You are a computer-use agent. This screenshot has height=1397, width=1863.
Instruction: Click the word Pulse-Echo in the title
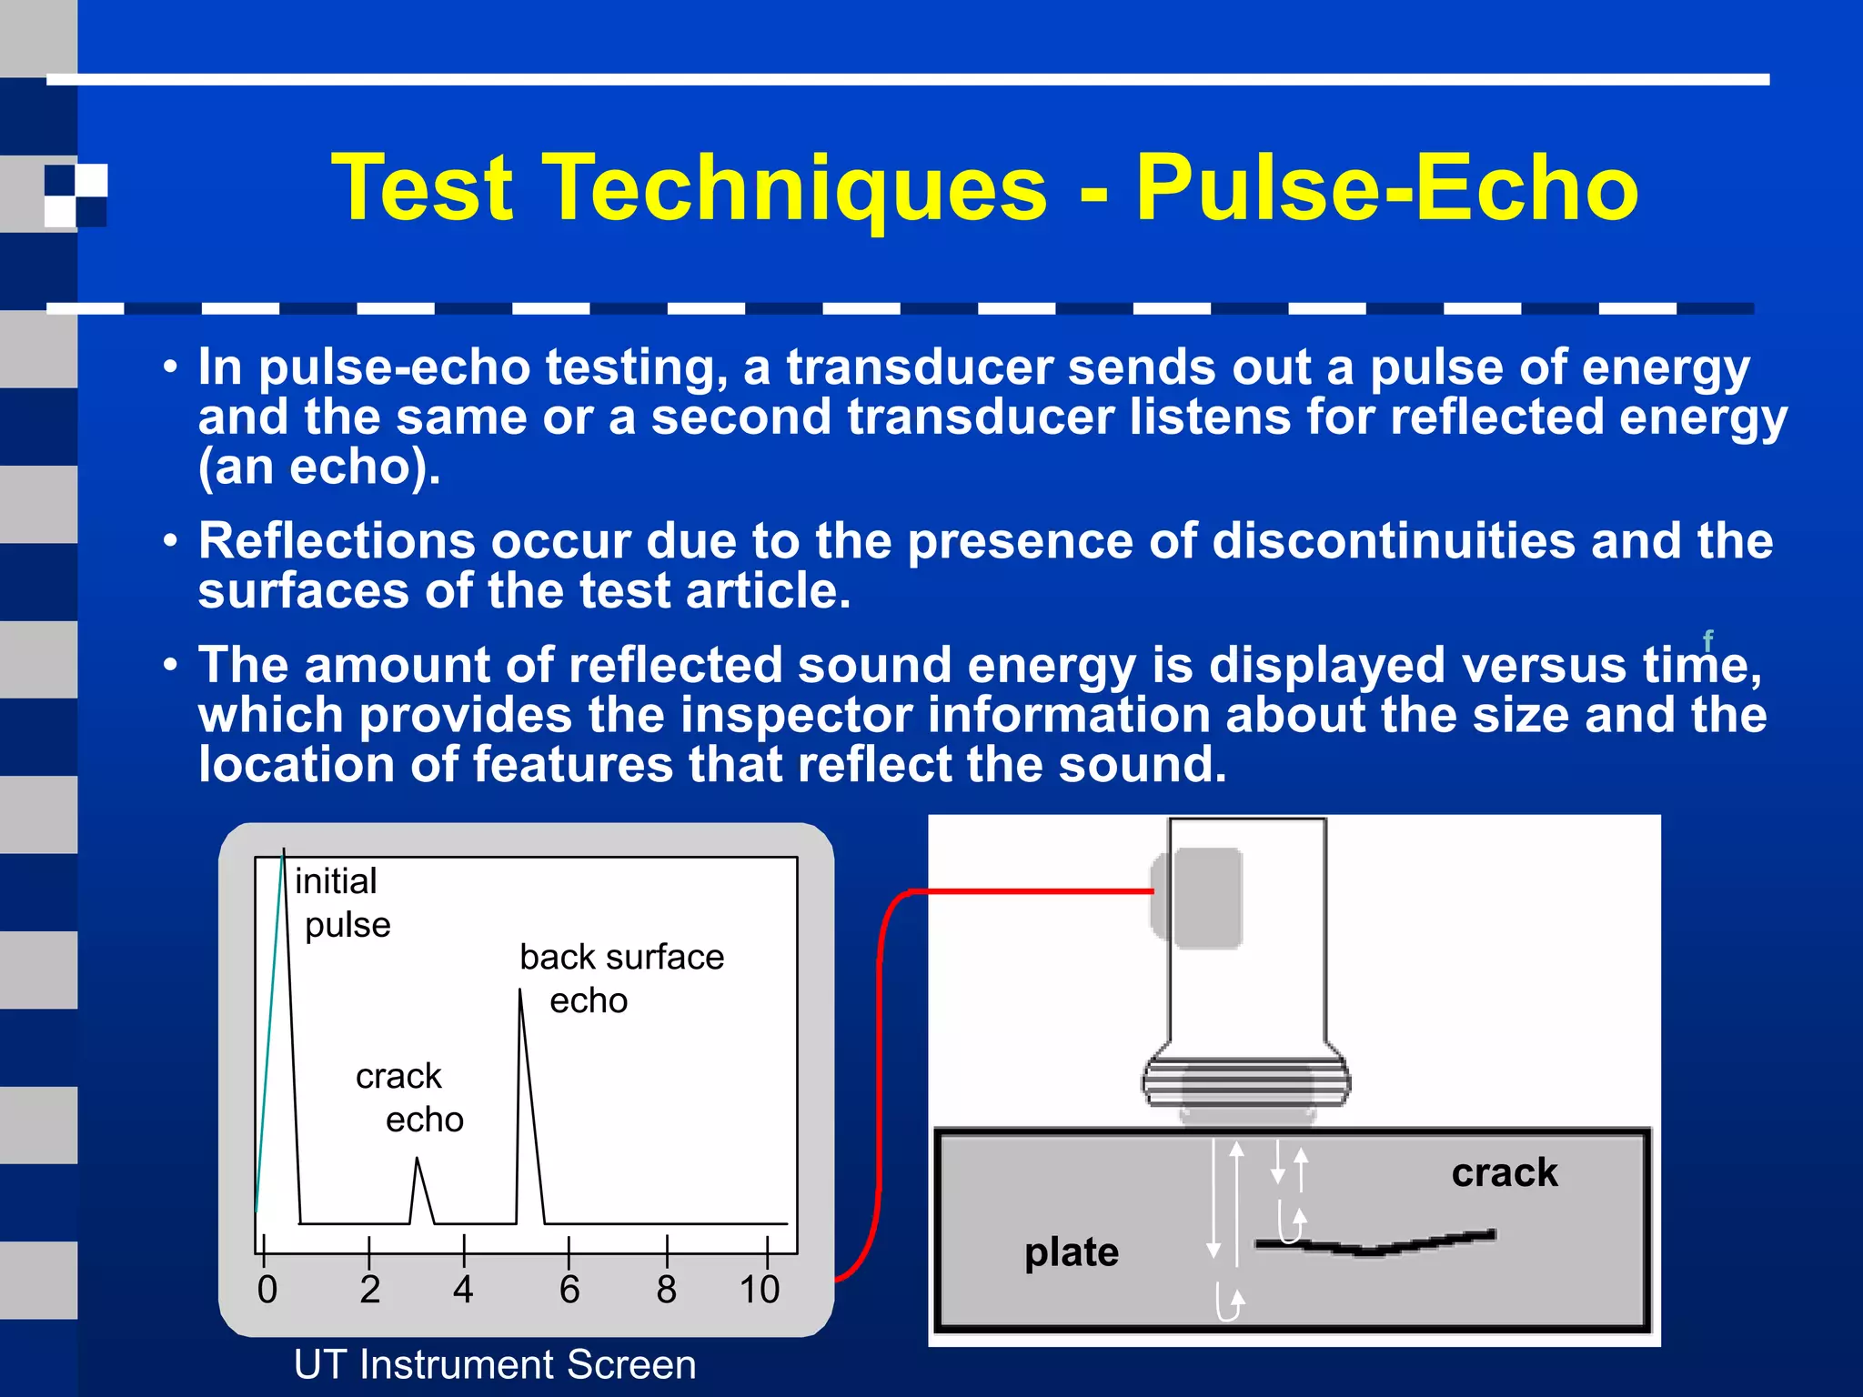coord(1386,188)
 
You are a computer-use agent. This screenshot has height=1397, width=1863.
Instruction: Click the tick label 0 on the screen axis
coord(267,1290)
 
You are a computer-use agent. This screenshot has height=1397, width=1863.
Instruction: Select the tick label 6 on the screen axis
coord(569,1290)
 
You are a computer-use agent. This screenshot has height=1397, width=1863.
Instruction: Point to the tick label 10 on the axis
coord(760,1290)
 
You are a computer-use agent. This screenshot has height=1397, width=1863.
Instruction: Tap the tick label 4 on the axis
coord(463,1290)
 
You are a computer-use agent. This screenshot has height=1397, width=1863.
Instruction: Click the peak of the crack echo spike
coord(418,1160)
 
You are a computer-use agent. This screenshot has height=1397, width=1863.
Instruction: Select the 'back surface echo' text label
coord(621,978)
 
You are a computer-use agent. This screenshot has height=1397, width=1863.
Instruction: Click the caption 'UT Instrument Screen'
coord(495,1364)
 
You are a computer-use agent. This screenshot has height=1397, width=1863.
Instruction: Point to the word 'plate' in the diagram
coord(1072,1252)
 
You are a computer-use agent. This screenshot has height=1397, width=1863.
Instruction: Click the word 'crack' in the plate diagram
coord(1505,1172)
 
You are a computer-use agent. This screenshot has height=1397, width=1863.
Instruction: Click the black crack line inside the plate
coord(1374,1246)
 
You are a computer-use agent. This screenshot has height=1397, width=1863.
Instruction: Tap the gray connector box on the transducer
coord(1199,898)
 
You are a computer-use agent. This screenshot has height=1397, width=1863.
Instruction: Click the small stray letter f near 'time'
coord(1707,639)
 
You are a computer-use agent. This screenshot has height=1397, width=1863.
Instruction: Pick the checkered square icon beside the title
coord(76,195)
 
